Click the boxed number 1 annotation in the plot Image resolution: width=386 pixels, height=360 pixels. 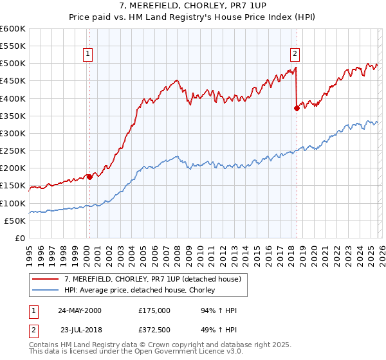point(87,54)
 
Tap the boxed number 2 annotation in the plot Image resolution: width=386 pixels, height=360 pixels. point(295,54)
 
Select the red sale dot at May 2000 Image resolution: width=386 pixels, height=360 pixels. point(89,177)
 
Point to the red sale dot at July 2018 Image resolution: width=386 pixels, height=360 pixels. point(297,109)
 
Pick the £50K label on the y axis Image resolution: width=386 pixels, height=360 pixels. point(15,221)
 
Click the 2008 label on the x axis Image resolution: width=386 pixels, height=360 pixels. point(177,253)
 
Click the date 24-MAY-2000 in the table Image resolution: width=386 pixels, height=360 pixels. point(79,310)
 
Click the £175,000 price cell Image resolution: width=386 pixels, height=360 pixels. point(154,310)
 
